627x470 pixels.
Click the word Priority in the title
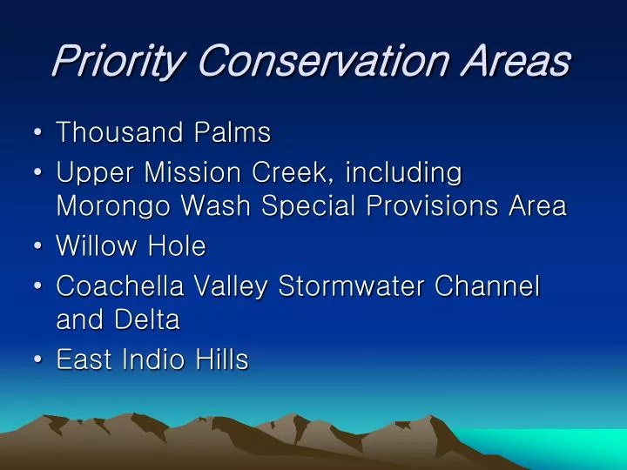coord(118,61)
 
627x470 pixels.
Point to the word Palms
coord(233,133)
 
